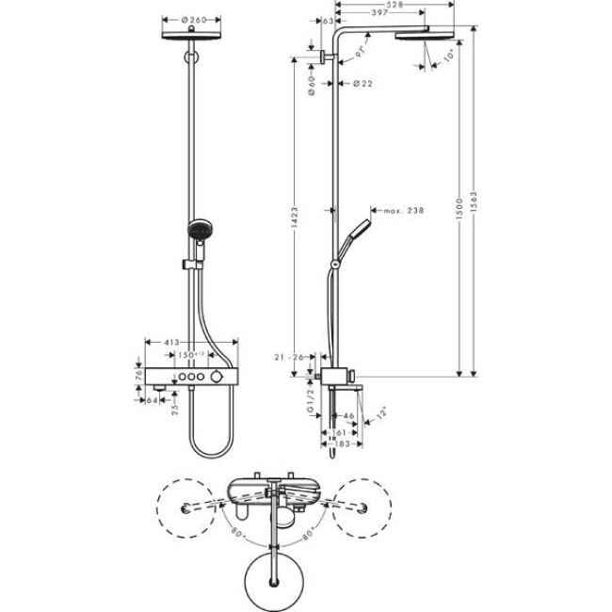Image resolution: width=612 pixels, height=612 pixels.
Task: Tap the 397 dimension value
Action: click(x=356, y=14)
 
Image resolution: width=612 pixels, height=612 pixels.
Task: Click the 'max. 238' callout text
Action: click(x=402, y=211)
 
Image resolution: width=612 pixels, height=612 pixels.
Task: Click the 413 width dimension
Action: click(x=171, y=343)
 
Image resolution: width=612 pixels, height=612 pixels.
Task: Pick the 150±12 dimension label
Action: click(x=192, y=354)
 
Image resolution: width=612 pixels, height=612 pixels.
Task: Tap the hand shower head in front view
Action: click(x=200, y=229)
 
